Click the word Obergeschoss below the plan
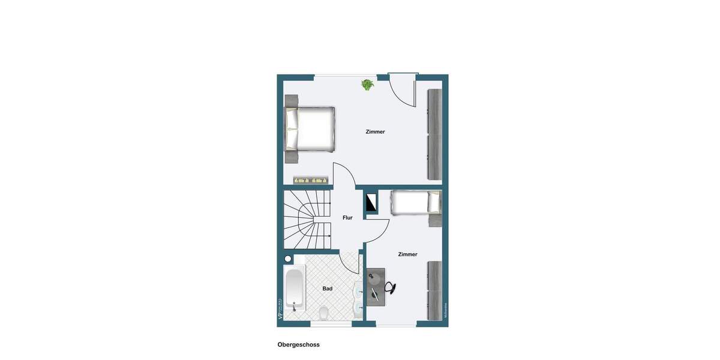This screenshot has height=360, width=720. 298,345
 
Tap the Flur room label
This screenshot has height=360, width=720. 347,218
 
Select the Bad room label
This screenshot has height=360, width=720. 327,289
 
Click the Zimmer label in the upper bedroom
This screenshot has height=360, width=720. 375,132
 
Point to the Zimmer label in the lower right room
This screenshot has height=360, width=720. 407,254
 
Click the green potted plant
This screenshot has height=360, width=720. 367,85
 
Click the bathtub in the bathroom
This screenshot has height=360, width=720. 294,289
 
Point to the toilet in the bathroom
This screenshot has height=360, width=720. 323,312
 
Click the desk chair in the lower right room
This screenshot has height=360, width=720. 389,288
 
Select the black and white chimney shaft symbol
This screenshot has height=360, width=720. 371,202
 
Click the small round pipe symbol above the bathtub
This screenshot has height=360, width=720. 288,259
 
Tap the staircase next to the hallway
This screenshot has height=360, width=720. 307,219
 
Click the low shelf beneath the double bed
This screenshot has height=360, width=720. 311,180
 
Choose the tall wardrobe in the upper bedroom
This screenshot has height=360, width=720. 434,134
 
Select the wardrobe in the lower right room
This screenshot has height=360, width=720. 434,290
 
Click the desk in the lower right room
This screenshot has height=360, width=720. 375,287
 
